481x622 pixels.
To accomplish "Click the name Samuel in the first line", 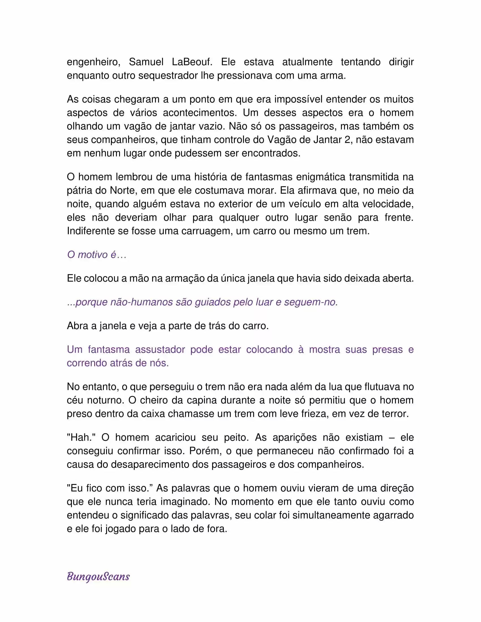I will (x=146, y=62).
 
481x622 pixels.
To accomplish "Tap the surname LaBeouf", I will (x=192, y=62).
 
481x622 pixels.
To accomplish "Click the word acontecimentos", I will (x=200, y=113).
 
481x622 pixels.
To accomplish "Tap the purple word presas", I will (x=388, y=349).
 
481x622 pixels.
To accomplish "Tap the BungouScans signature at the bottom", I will (x=98, y=576).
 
